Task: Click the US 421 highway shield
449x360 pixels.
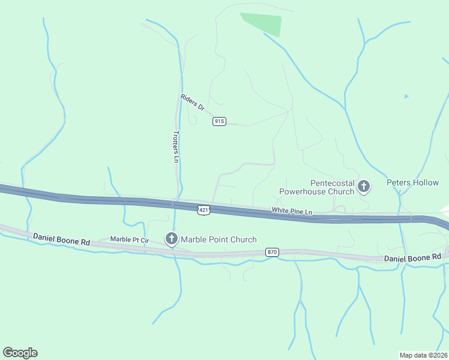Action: (x=204, y=209)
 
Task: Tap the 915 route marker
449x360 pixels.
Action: (x=219, y=121)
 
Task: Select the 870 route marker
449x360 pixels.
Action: (x=272, y=253)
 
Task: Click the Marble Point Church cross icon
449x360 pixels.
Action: (x=171, y=239)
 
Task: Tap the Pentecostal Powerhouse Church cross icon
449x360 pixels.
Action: (x=363, y=187)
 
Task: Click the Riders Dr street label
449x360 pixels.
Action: (x=193, y=102)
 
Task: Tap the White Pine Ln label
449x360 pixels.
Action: (x=292, y=211)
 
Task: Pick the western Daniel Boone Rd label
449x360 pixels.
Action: (x=61, y=240)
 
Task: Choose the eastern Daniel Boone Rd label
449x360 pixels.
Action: (x=412, y=257)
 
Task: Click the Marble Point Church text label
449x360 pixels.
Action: (x=219, y=239)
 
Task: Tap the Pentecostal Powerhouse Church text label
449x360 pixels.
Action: (x=316, y=187)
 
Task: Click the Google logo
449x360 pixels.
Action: (x=20, y=353)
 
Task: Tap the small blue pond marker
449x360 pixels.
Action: (x=406, y=96)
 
